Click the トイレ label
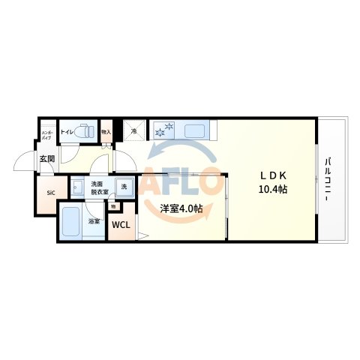click(x=66, y=132)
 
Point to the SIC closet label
click(x=51, y=193)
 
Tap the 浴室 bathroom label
click(x=94, y=221)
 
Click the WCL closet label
click(x=120, y=224)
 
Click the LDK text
click(x=274, y=175)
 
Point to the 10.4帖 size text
click(x=274, y=189)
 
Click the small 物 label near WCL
click(x=113, y=205)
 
